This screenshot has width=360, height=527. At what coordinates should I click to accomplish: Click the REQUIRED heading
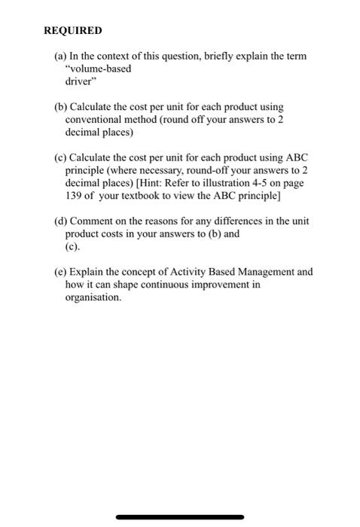click(x=72, y=32)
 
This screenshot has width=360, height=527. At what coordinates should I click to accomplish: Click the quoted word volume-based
click(x=98, y=69)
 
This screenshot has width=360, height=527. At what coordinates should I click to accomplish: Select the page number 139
click(x=75, y=194)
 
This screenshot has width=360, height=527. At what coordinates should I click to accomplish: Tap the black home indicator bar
click(x=180, y=517)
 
